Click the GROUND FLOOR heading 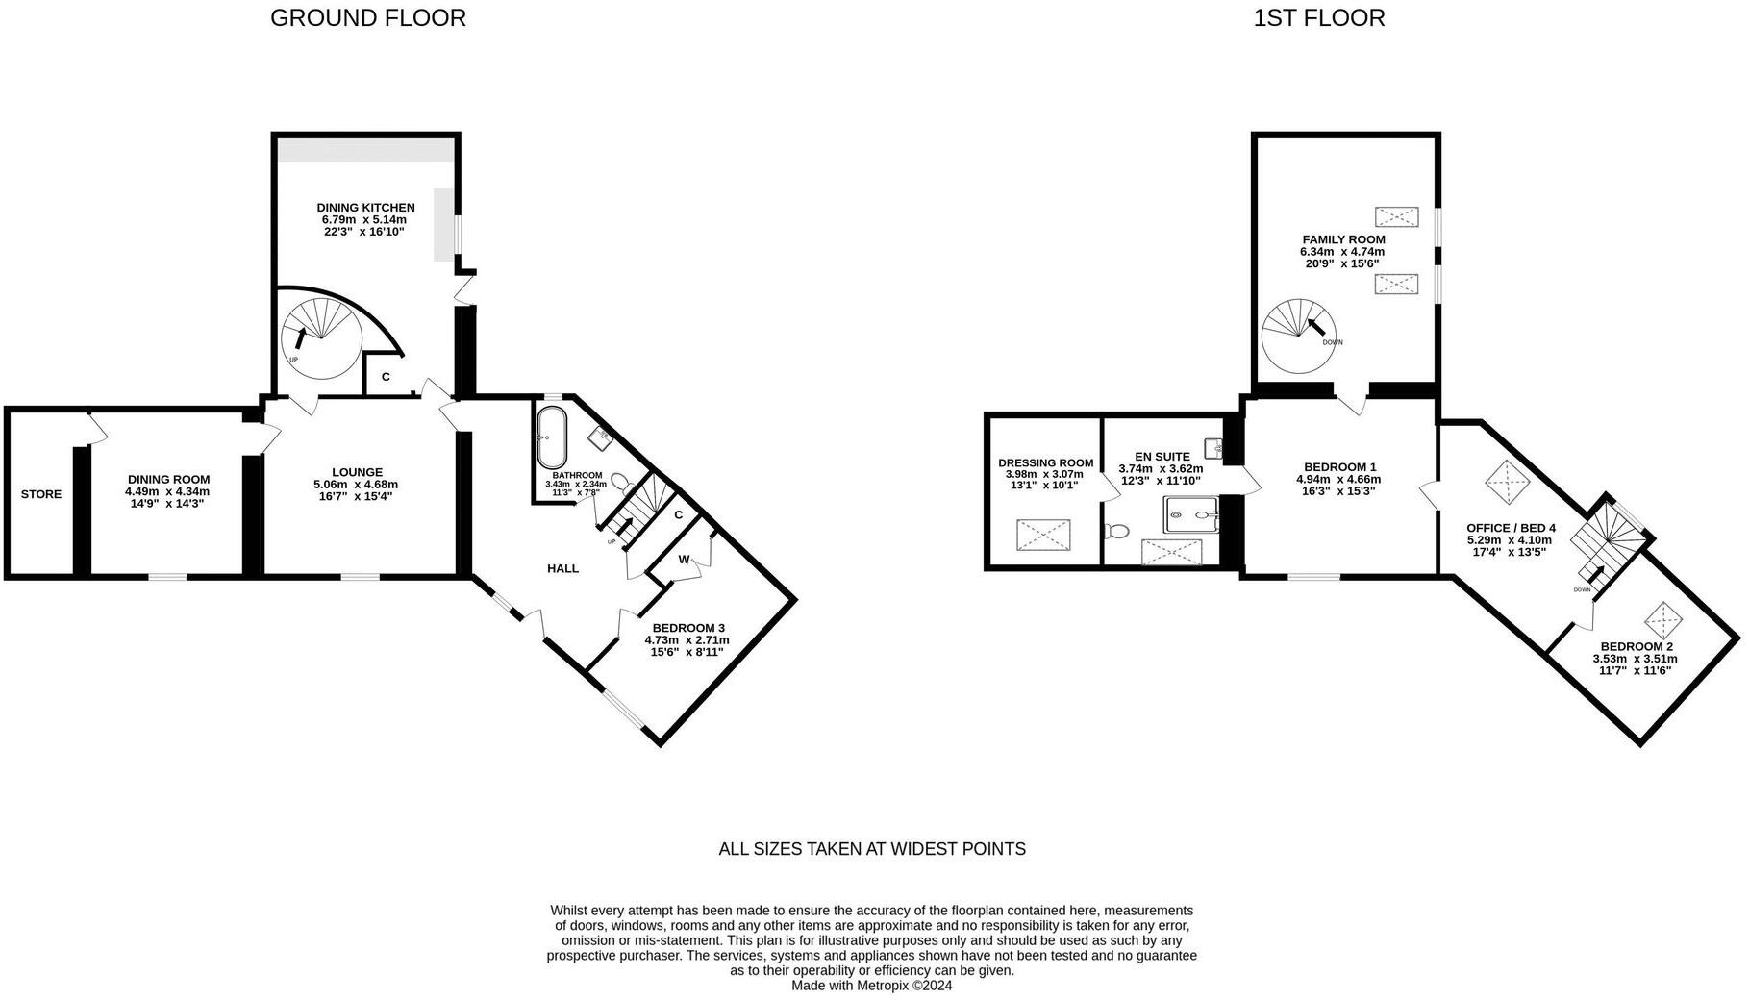pos(367,18)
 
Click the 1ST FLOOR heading pos(1318,18)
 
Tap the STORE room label pos(41,494)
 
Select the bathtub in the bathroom pos(552,437)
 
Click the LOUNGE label pos(357,472)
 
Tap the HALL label pos(562,568)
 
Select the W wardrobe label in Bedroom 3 pos(684,560)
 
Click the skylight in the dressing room pos(1043,535)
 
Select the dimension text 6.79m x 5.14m pos(364,219)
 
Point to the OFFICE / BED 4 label pos(1510,528)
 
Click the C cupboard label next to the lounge pos(386,377)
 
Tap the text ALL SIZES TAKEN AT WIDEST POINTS pos(872,849)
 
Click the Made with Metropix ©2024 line pos(871,986)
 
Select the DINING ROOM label pos(168,479)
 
